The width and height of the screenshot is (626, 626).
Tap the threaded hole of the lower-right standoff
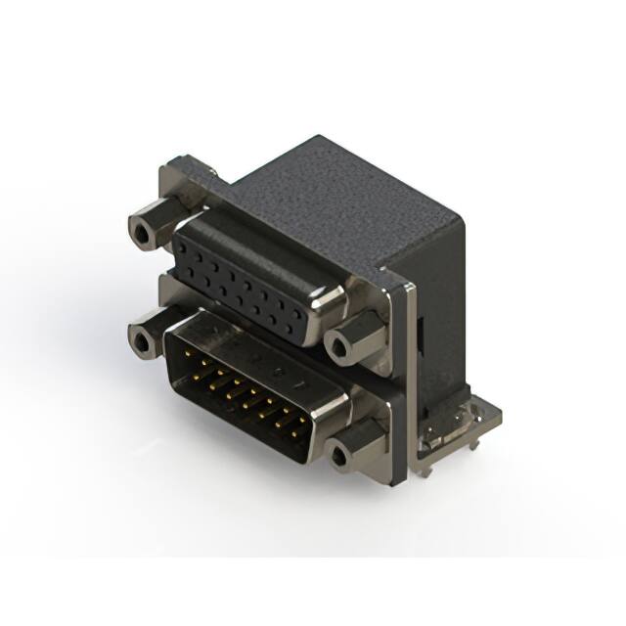point(339,455)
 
